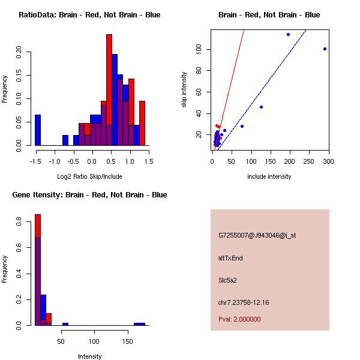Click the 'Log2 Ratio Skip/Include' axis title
(89, 176)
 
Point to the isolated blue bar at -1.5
(37, 130)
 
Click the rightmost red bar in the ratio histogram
(142, 123)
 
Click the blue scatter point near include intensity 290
(325, 49)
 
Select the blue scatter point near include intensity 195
(288, 34)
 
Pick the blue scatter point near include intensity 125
(261, 107)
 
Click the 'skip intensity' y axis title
(184, 90)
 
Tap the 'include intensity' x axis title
(269, 176)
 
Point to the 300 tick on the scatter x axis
(328, 161)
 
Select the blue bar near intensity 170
(139, 324)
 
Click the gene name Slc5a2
(227, 280)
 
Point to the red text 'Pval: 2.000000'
(239, 319)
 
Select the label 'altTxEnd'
(230, 258)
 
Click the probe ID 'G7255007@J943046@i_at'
(257, 235)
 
